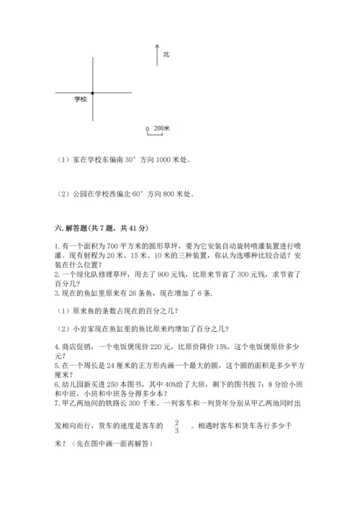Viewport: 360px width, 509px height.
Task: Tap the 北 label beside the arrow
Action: click(x=166, y=54)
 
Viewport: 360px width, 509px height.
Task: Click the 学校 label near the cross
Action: click(x=80, y=99)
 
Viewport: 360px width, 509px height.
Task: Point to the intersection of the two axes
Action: click(x=92, y=92)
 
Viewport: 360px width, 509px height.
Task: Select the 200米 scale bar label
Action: click(x=161, y=129)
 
